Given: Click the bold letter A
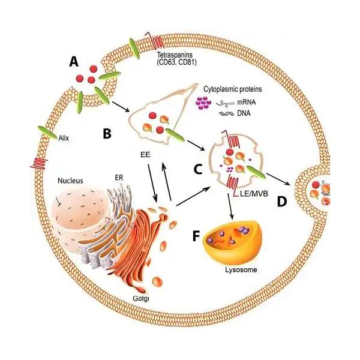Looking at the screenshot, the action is point(74,62).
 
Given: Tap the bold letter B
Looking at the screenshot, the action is point(107,133).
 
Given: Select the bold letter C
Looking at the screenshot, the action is point(198,169).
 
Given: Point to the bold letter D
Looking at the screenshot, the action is point(282,202).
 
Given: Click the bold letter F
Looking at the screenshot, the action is point(196,236).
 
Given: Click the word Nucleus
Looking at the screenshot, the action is point(70,181).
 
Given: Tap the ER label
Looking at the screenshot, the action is point(119,178).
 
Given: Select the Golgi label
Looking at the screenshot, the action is point(141,298).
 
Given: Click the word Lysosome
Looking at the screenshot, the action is point(241,269).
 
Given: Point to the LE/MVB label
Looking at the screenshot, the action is point(254,194).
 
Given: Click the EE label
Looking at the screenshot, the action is point(145,155).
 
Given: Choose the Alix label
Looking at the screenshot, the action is point(64,138).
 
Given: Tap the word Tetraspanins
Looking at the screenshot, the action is point(175,55).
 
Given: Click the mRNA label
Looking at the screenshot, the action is point(247,102).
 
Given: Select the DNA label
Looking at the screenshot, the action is point(244,113).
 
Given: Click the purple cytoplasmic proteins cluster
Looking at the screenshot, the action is point(203,103).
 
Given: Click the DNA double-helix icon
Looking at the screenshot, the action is point(227,113).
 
